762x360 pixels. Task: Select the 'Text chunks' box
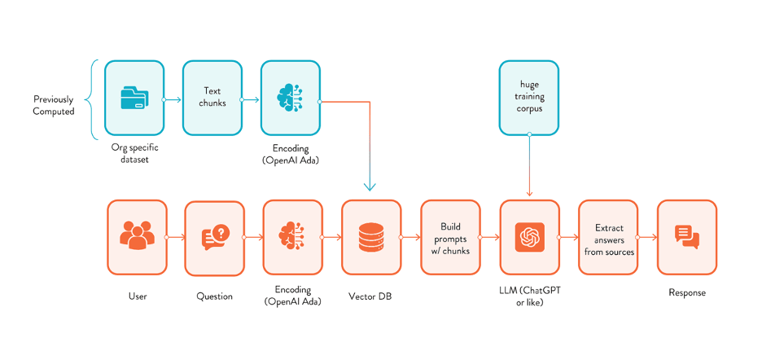coord(212,98)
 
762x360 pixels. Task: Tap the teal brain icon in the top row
coord(290,98)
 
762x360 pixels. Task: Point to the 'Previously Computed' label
coord(54,105)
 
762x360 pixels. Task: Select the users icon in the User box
coord(137,236)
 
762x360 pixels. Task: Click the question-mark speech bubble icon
coord(215,237)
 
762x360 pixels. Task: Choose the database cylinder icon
coord(371,237)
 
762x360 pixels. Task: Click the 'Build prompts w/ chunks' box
coord(450,237)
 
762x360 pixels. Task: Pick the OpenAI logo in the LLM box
coord(529,237)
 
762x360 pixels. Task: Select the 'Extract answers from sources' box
coord(608,237)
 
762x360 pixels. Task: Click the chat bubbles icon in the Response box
coord(686,237)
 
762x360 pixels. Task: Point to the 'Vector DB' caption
coord(371,296)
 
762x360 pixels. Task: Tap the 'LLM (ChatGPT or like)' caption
coord(529,297)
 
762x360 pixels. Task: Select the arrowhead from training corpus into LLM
coord(529,194)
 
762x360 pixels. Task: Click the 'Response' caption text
coord(687,292)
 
